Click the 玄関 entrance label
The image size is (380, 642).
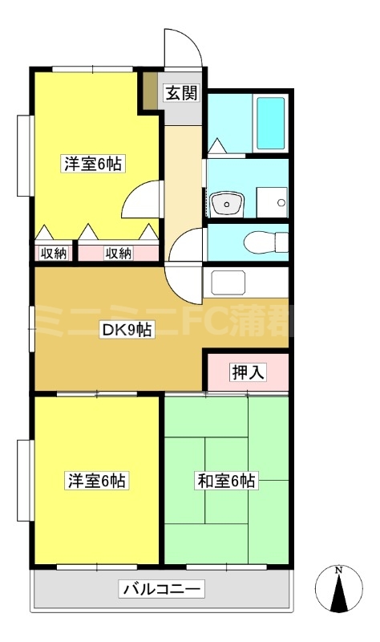[181, 92]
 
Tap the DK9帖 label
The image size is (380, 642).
[126, 328]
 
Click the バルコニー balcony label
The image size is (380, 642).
[163, 591]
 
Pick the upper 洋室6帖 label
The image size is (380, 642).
[93, 164]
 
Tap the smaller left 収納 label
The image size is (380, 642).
[53, 254]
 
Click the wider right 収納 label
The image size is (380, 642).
[118, 254]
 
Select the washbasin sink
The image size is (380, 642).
[228, 204]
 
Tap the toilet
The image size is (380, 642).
[265, 241]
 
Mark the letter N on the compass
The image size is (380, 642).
[338, 571]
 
